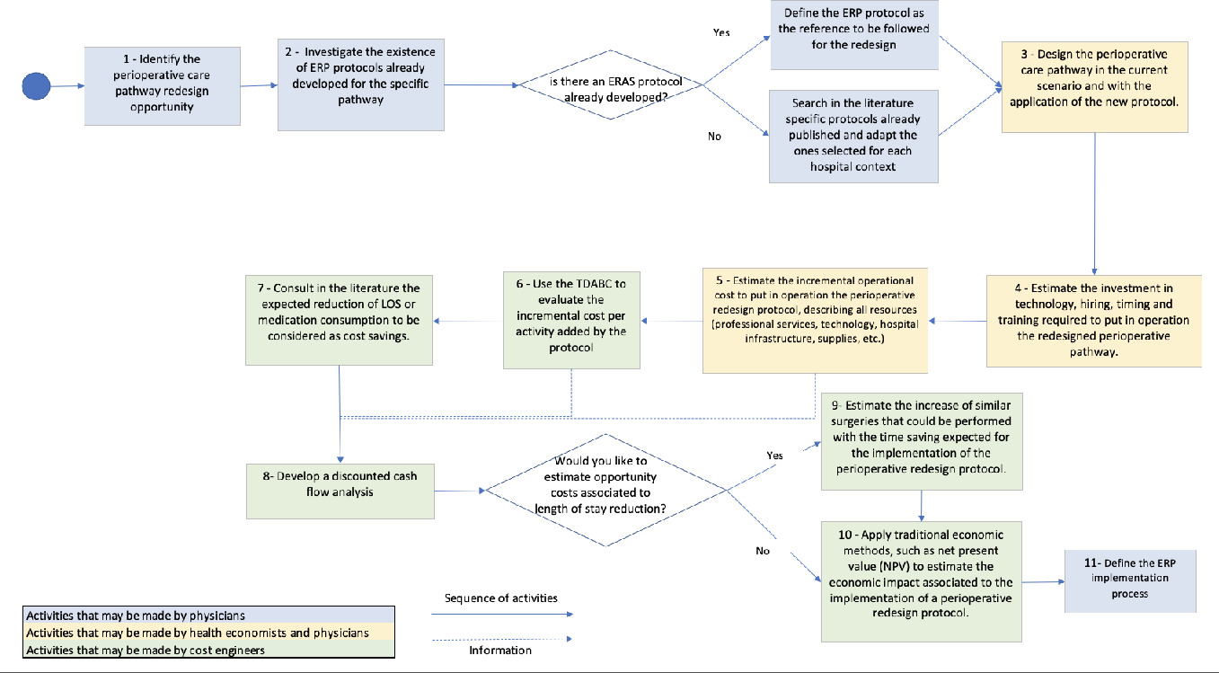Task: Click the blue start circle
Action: pyautogui.click(x=36, y=86)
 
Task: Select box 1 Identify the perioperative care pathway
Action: pyautogui.click(x=151, y=86)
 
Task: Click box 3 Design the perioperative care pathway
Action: pyautogui.click(x=1093, y=79)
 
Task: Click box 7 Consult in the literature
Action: pyautogui.click(x=340, y=319)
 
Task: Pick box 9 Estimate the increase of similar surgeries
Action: pyautogui.click(x=921, y=440)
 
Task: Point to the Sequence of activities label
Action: pyautogui.click(x=501, y=598)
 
